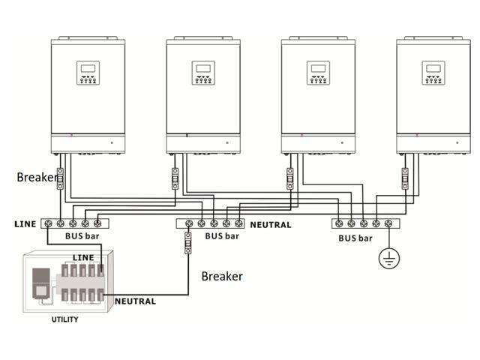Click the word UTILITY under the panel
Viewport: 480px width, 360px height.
click(64, 319)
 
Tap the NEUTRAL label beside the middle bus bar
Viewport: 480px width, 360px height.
click(271, 224)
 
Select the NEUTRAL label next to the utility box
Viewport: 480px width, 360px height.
click(135, 301)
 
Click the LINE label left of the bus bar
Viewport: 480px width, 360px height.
click(25, 223)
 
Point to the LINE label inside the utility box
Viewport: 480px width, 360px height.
click(82, 257)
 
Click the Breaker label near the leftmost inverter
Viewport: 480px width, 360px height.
click(36, 178)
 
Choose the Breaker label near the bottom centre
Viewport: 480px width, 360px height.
click(222, 276)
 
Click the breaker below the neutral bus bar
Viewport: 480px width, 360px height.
click(188, 244)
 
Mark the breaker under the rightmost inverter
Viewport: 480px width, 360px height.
click(405, 178)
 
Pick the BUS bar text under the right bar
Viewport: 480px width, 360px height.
click(355, 238)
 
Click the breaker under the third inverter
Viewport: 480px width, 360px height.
click(290, 178)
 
